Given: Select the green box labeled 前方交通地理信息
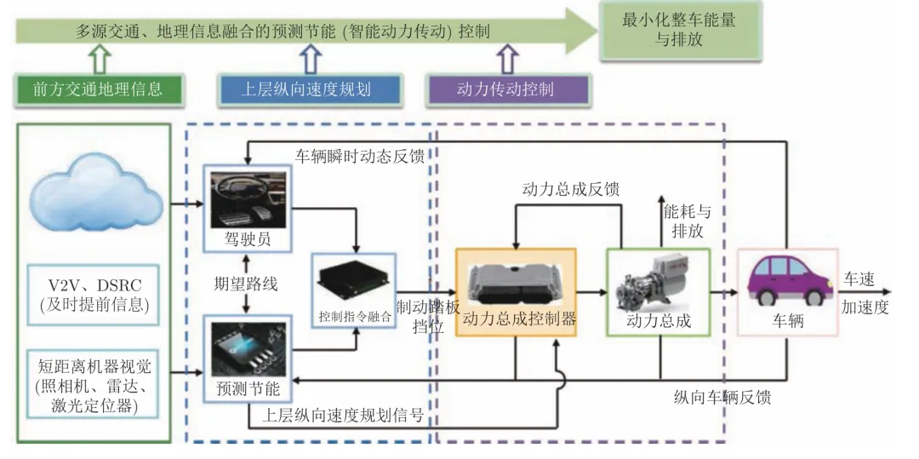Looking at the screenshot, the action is click(x=98, y=89).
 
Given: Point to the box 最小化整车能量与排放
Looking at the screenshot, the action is click(x=679, y=31).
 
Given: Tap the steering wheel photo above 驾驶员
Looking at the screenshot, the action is click(x=248, y=199).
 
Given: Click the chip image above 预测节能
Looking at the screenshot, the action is click(x=248, y=350).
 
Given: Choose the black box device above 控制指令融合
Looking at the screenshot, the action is click(x=355, y=285).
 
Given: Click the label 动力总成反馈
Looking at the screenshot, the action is click(x=571, y=189).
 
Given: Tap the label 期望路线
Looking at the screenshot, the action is click(x=246, y=285).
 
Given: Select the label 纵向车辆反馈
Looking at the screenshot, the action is click(x=722, y=397).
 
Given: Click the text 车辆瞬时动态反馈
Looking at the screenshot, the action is click(x=361, y=157).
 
